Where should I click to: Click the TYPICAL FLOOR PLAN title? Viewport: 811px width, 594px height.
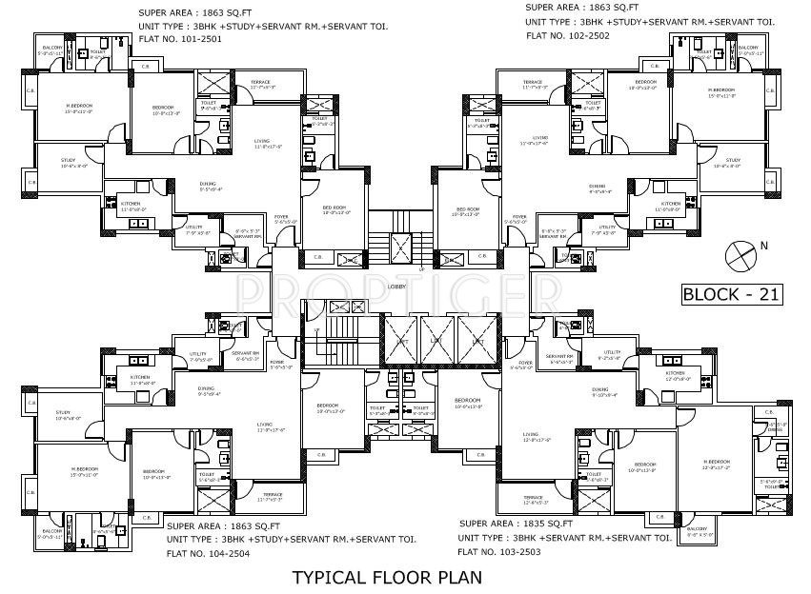pos(386,577)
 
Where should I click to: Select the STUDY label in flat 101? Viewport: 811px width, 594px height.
pos(67,161)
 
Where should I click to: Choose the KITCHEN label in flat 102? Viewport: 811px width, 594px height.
pos(672,203)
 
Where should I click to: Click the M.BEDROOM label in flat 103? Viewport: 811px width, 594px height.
pos(716,463)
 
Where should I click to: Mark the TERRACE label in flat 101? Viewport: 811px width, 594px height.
pos(261,83)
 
